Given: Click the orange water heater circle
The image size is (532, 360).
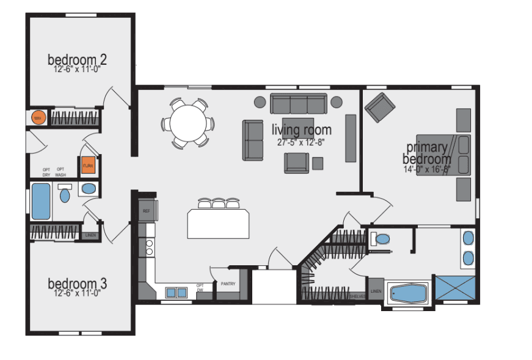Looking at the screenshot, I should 38,117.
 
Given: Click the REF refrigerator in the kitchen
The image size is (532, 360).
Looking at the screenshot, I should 147,210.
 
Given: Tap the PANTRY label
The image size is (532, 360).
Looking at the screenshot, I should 227,283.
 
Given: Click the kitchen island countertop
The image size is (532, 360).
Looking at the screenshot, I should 219,224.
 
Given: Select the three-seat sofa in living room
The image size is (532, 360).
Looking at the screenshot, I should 299,104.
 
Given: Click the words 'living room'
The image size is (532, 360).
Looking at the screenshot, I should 302,130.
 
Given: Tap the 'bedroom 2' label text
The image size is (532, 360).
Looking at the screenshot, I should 78,59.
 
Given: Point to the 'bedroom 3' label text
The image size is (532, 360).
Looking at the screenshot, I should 78,284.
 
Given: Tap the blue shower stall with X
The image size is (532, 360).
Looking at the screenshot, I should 455,287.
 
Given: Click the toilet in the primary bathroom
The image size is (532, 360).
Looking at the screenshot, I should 382,238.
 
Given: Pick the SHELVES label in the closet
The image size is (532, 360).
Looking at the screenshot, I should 357,296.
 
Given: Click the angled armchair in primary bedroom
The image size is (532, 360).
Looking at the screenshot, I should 381,108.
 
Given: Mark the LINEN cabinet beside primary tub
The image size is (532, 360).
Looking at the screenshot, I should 375,291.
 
